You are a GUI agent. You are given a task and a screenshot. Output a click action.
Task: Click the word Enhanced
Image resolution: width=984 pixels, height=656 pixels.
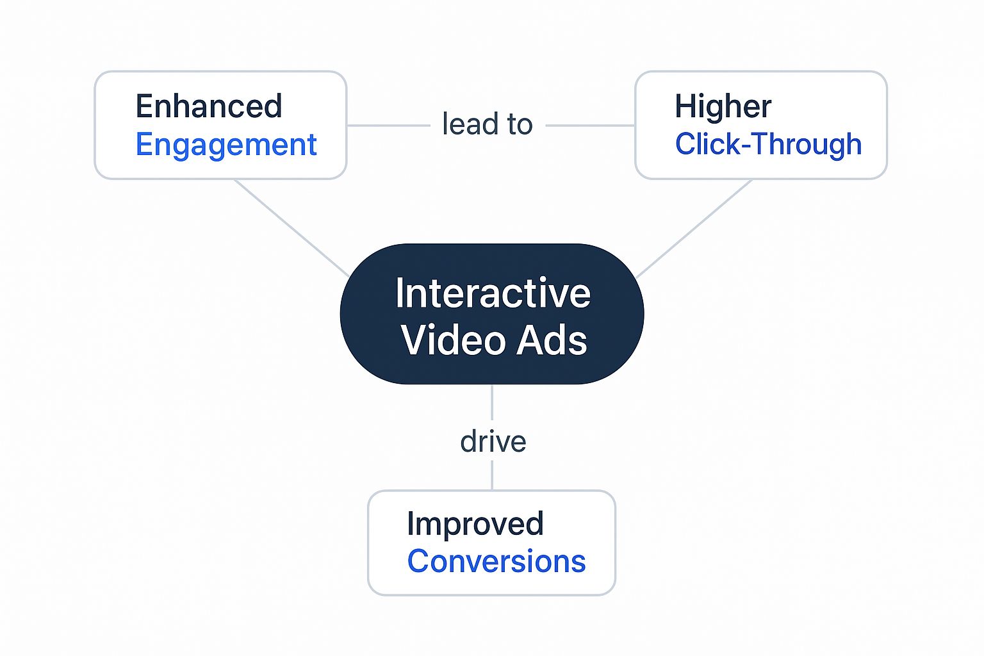click(209, 106)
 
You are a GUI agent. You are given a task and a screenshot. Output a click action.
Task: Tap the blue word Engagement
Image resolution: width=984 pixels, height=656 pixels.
click(226, 145)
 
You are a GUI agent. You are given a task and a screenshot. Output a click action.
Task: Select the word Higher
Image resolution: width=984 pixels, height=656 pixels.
click(723, 106)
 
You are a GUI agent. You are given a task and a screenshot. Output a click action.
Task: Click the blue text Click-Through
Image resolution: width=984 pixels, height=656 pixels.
click(768, 144)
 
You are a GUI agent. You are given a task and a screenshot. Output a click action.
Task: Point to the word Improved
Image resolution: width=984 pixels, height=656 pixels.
click(475, 524)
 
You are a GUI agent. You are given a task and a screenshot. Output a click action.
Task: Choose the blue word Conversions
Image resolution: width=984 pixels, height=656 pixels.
click(496, 562)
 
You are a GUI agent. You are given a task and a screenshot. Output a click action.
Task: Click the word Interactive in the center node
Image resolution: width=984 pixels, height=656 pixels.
click(493, 293)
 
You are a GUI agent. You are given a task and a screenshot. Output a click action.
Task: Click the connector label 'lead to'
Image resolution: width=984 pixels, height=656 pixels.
click(487, 124)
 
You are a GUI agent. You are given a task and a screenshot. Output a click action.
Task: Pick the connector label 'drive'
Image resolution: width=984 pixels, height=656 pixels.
click(493, 441)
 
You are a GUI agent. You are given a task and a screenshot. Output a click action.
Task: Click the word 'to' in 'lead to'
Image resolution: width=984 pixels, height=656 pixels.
click(520, 124)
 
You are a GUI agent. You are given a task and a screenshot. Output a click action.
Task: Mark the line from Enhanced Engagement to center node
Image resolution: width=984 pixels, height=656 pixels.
click(291, 228)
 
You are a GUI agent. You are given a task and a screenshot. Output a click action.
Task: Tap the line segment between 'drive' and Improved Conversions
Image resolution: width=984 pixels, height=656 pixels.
click(492, 475)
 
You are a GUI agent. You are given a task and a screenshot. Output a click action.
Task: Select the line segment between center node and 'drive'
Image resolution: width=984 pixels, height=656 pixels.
click(492, 402)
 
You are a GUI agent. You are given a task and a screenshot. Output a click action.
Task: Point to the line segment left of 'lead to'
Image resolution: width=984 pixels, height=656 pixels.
click(388, 126)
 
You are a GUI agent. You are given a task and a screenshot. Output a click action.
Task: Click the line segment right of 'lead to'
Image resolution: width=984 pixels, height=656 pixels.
click(590, 126)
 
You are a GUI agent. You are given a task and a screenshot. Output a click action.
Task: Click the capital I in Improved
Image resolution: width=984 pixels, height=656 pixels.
click(411, 523)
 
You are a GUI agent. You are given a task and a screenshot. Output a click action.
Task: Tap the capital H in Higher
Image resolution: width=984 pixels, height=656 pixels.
click(685, 106)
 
